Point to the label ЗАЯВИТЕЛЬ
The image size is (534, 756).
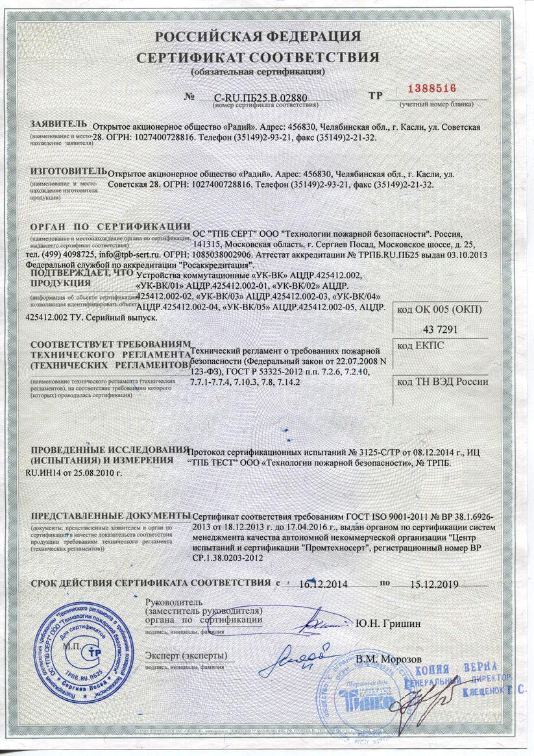tap(57, 124)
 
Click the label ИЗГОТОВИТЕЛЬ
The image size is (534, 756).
tap(67, 171)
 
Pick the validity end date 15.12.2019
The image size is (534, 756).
tap(435, 583)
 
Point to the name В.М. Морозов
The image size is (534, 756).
tap(389, 659)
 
